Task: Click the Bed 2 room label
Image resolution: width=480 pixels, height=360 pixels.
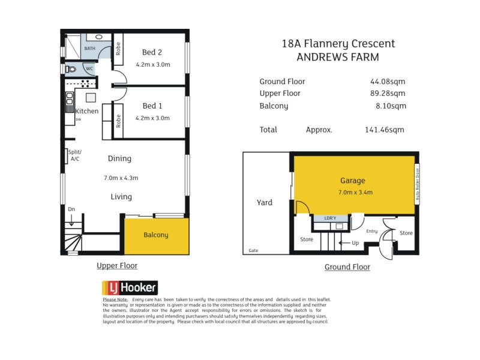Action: [153, 52]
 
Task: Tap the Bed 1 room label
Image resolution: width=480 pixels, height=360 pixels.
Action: [153, 106]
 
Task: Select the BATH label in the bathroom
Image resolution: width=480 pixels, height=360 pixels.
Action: [89, 48]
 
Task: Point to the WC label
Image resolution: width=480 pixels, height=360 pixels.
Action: [89, 69]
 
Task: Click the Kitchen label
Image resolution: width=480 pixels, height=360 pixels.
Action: [87, 112]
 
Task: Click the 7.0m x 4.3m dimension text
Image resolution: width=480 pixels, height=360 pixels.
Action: [121, 178]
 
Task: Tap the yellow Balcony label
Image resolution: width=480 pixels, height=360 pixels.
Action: [156, 235]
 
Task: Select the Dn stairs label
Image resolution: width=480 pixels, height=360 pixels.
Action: [71, 209]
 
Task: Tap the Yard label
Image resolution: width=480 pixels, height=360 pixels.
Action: [264, 202]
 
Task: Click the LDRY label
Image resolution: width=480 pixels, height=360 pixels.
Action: [331, 218]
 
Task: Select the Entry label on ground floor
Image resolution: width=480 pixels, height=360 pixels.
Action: [372, 231]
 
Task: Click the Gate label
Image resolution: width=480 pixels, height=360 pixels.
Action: [254, 251]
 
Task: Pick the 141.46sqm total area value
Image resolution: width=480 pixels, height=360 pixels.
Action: [385, 129]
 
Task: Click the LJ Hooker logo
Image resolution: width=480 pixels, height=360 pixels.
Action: [129, 287]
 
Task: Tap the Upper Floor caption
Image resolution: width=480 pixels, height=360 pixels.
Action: [117, 265]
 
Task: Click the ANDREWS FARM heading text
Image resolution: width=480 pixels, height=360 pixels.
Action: [338, 57]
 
